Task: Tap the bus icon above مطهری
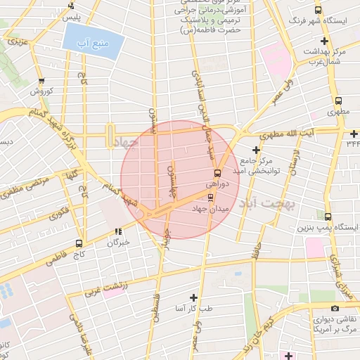(x=339, y=101)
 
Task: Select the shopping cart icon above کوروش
(x=41, y=81)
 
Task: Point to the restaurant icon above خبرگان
(x=119, y=231)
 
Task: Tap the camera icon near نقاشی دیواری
(x=335, y=308)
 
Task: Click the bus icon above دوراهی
(x=217, y=173)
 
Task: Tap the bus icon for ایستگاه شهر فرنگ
(x=319, y=11)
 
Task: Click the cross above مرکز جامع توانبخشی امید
(x=256, y=150)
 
